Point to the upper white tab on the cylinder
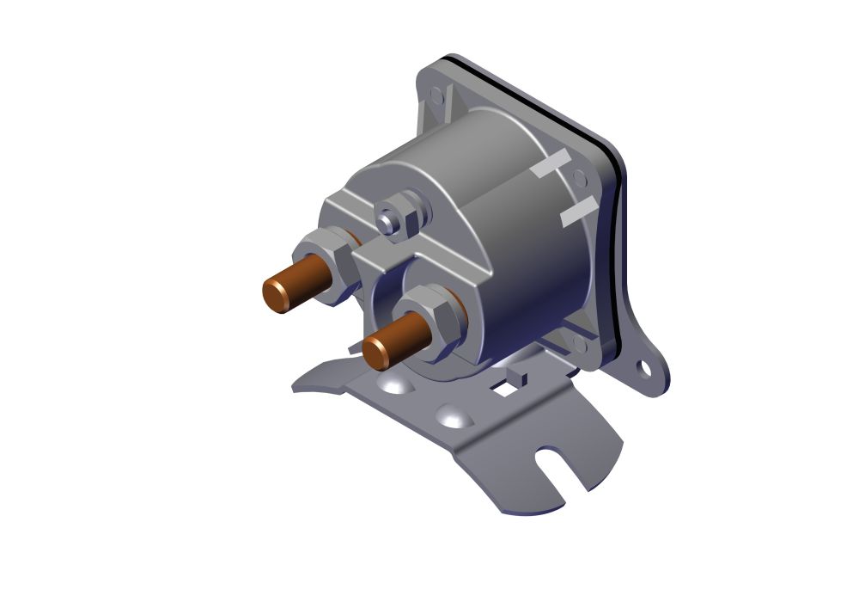click(551, 163)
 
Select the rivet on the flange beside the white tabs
click(580, 180)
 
